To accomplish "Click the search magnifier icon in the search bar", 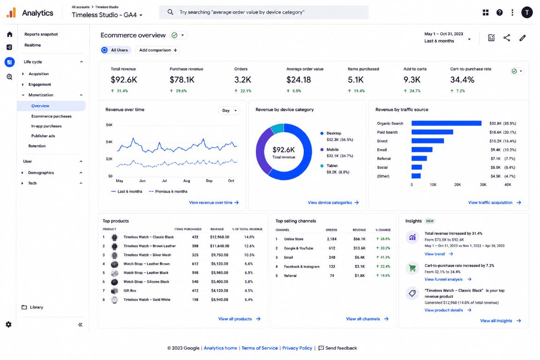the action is point(170,12).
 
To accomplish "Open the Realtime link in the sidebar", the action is point(33,45).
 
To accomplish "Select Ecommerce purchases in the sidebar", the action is point(51,116).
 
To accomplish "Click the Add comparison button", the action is point(157,50).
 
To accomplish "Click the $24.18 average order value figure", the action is point(299,80).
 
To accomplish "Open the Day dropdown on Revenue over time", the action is point(229,111).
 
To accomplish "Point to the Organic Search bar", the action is point(446,123).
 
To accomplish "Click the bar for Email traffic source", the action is point(422,150).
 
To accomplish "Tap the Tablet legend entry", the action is point(332,166).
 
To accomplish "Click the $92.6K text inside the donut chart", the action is point(284,150).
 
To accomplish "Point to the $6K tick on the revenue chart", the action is point(109,125).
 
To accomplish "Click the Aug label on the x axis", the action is point(187,180).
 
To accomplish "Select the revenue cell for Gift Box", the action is point(219,291).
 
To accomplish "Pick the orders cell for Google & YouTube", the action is point(332,248).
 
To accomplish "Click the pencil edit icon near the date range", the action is point(523,38).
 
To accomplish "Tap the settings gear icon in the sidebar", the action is point(8,324).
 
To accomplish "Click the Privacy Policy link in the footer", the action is point(297,348).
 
